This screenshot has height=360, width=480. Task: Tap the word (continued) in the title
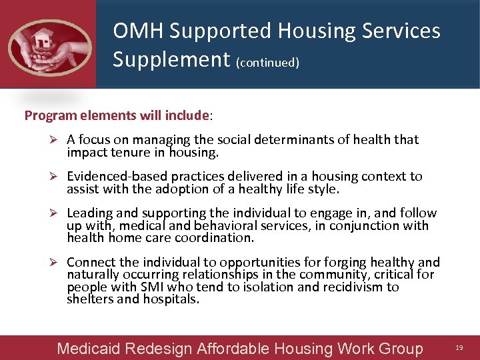coord(267,62)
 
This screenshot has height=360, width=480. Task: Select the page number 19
coord(459,348)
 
